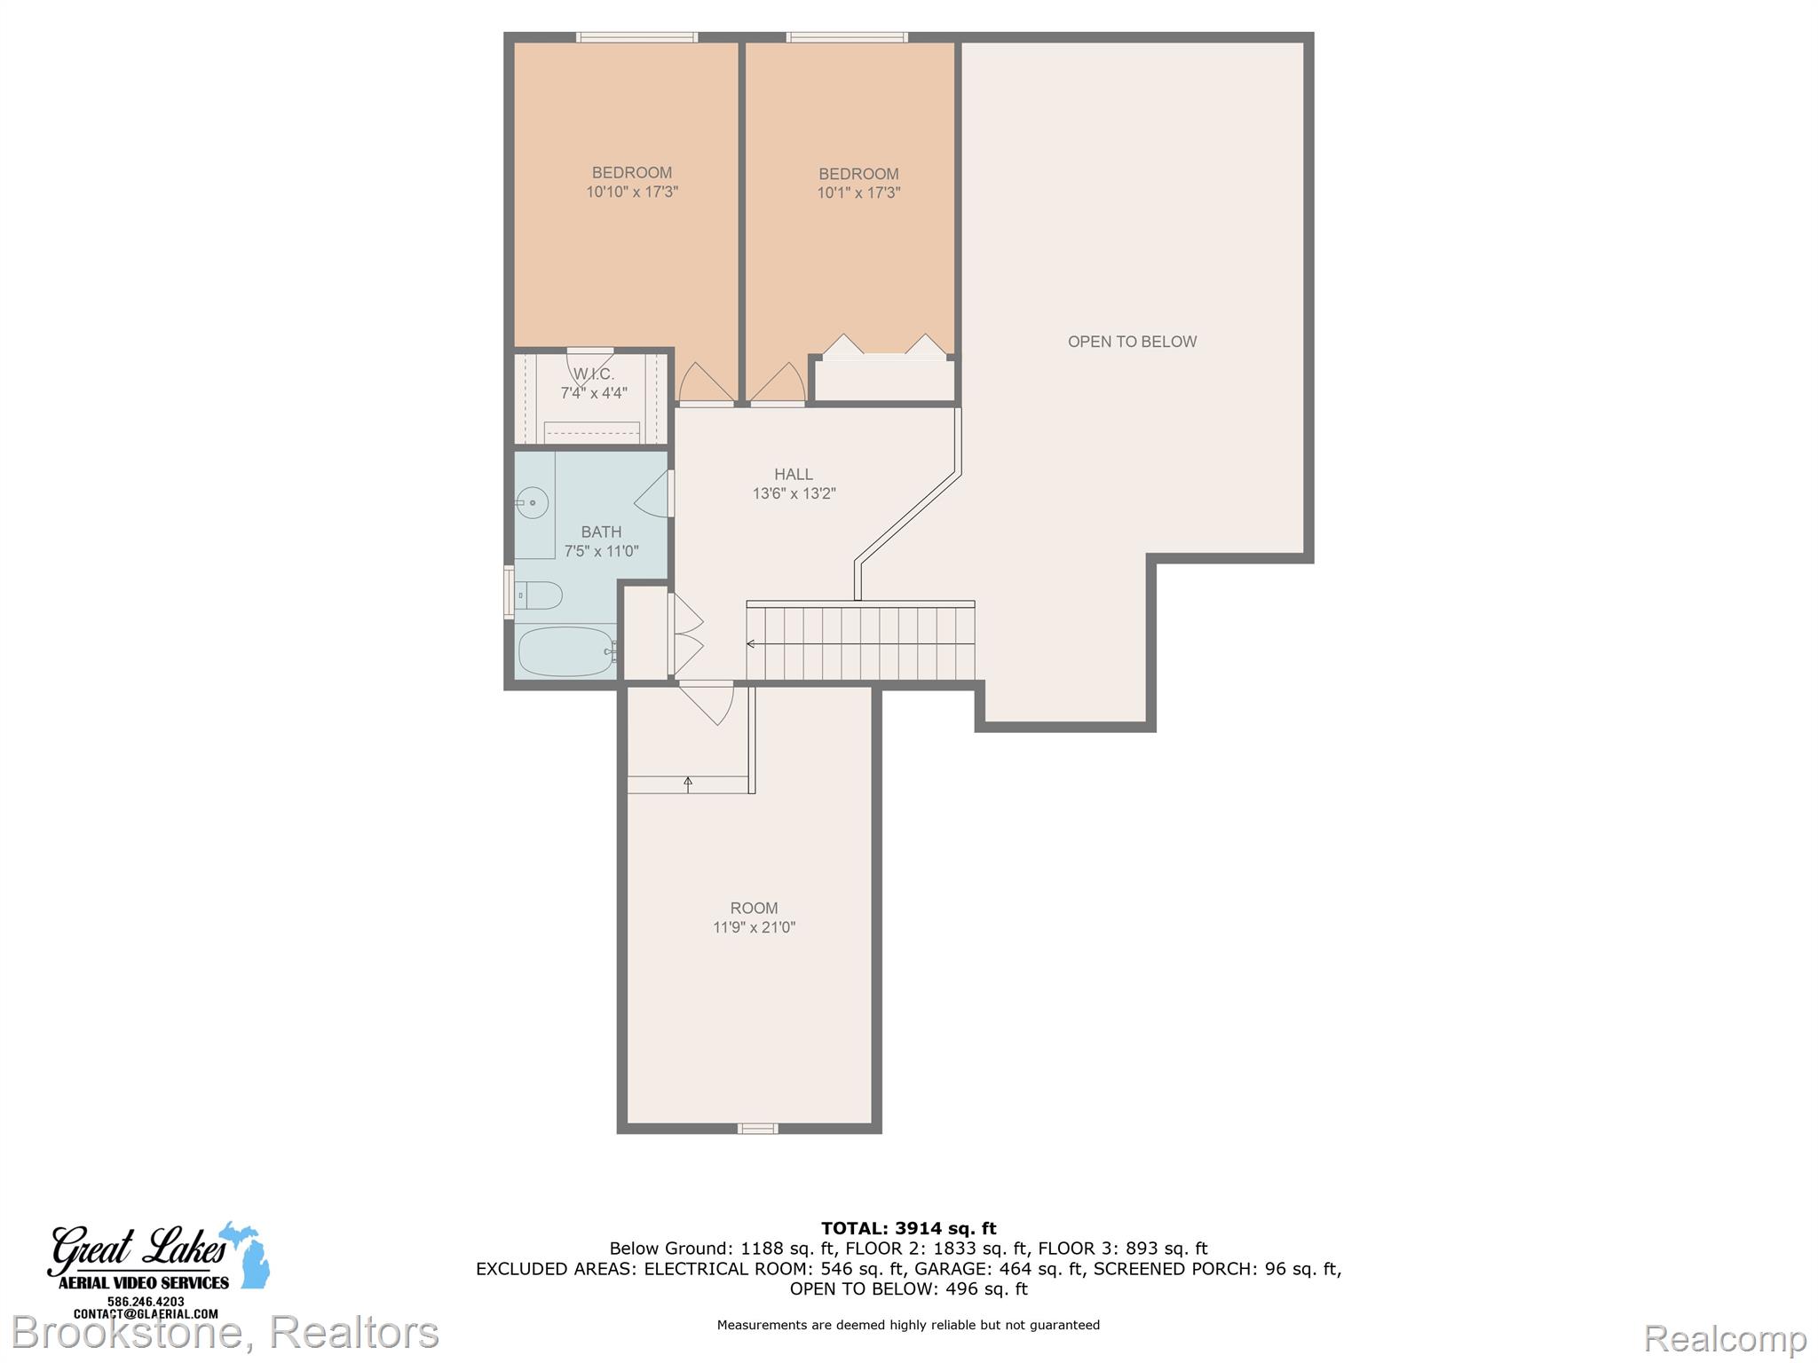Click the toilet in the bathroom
539,595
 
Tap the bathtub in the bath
566,651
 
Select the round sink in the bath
532,503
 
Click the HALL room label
794,475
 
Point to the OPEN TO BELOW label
1132,342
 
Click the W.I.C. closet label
594,374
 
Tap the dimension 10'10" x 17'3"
632,192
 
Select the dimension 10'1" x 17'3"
858,193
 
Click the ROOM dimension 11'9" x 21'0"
754,927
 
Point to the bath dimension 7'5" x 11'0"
601,551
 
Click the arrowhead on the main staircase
751,643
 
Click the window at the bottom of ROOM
758,1129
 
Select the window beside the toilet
509,592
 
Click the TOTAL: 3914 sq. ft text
908,1228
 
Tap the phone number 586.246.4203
146,1302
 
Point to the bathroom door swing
652,493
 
